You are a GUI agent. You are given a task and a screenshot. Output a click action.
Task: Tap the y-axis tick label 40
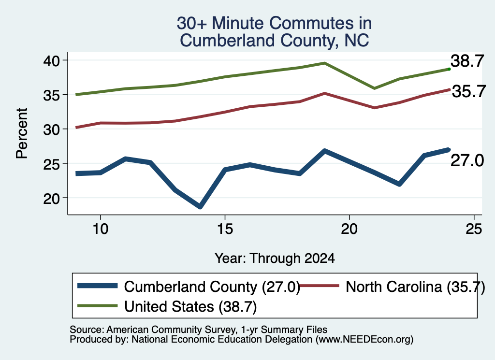[x=51, y=60]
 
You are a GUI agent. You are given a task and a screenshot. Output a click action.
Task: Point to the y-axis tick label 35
[x=51, y=95]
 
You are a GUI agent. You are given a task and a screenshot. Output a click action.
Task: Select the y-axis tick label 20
[x=51, y=198]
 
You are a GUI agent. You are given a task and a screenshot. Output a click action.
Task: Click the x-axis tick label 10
[x=101, y=229]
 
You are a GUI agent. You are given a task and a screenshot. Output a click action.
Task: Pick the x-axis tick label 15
[x=225, y=229]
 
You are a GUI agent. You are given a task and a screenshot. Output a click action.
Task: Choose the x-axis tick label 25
[x=474, y=229]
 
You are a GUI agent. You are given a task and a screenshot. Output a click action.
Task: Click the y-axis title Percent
[x=22, y=133]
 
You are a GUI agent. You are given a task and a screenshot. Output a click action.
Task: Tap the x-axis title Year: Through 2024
[x=275, y=258]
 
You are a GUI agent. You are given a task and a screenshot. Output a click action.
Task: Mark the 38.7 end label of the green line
[x=467, y=61]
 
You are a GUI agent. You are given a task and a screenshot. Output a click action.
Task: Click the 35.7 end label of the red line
[x=469, y=91]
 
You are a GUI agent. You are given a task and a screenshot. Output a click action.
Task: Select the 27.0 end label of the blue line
[x=467, y=160]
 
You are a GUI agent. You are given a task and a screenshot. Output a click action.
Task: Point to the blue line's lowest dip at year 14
[x=200, y=207]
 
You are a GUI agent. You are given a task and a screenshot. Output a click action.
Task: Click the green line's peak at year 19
[x=324, y=63]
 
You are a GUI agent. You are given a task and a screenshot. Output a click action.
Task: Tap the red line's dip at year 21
[x=375, y=108]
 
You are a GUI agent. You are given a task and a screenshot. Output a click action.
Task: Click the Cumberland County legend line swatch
[x=98, y=286]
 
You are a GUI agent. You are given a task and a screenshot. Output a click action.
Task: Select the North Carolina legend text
[x=415, y=287]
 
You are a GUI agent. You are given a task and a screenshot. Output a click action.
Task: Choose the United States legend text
[x=190, y=307]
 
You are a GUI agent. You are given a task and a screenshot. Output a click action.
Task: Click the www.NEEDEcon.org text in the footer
[x=364, y=340]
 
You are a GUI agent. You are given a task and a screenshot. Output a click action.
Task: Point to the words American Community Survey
[x=172, y=330]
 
